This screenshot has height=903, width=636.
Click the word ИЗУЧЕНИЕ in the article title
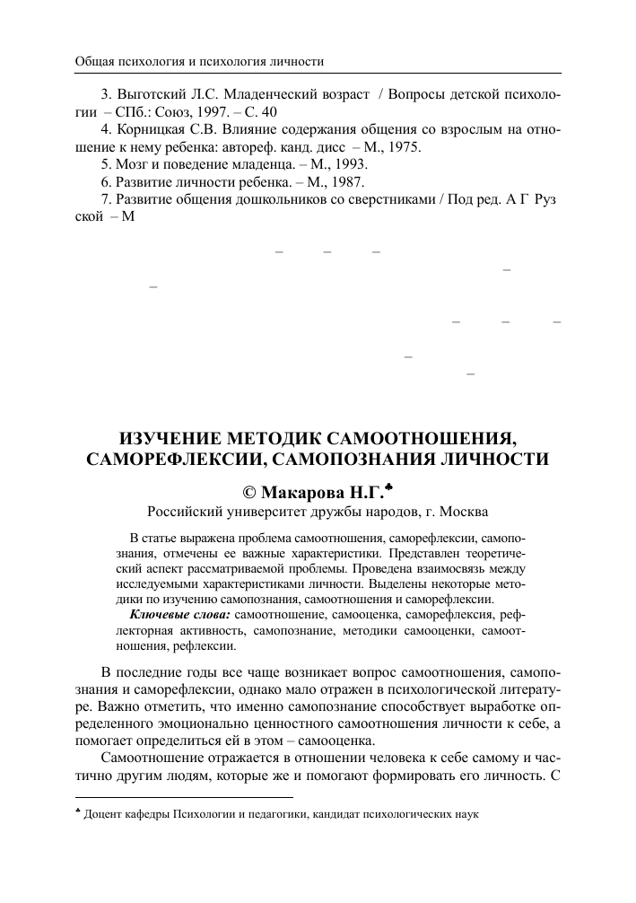173,439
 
